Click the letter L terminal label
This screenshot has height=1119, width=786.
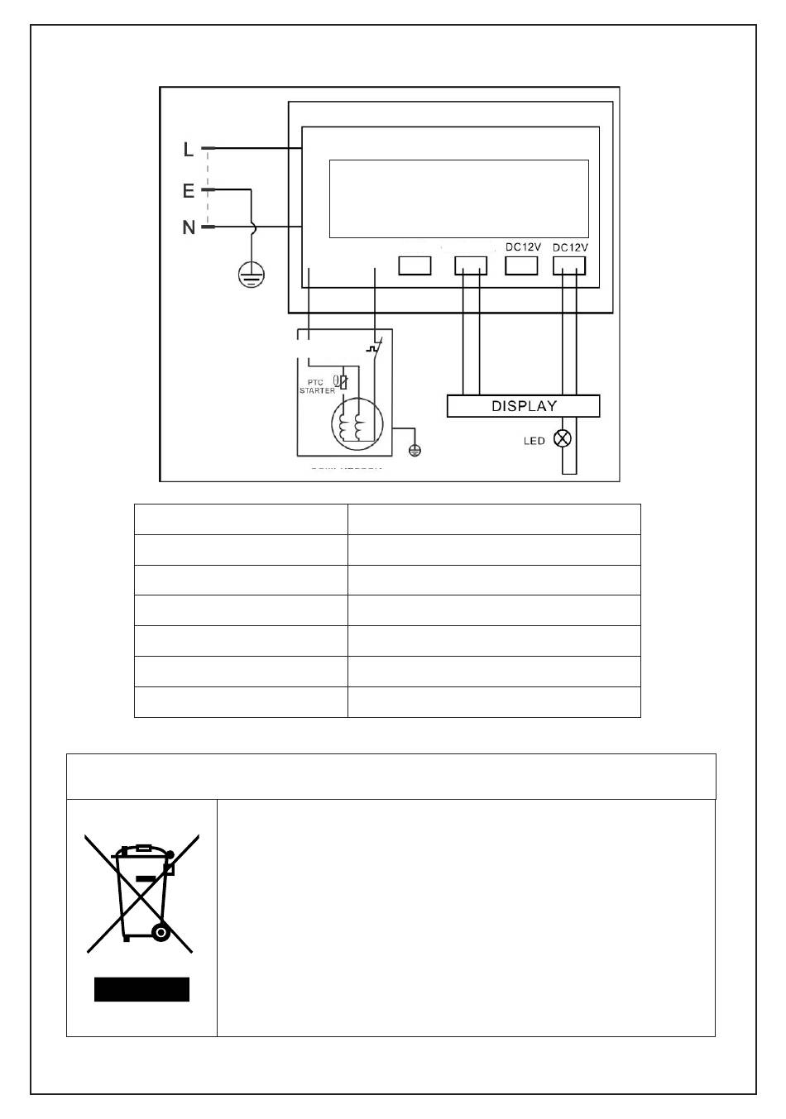[x=189, y=150]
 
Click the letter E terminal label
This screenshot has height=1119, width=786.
[x=189, y=191]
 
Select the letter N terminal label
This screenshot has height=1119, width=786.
[x=189, y=227]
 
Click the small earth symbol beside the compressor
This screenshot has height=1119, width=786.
[x=415, y=450]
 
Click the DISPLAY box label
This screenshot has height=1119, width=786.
[x=524, y=406]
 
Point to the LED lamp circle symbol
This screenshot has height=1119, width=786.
[x=563, y=439]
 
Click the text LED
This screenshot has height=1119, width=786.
[x=534, y=441]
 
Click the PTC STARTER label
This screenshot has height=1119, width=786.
[x=317, y=385]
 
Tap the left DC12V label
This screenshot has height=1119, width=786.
[x=523, y=246]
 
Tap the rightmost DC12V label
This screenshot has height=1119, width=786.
[x=569, y=247]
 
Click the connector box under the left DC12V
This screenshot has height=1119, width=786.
[x=522, y=265]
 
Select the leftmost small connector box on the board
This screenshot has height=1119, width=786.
[x=415, y=265]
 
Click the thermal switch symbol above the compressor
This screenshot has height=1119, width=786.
[x=374, y=349]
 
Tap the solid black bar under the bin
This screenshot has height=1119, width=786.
[x=141, y=989]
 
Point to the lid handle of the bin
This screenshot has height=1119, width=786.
[x=142, y=848]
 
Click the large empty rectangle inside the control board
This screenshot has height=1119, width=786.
[x=458, y=198]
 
